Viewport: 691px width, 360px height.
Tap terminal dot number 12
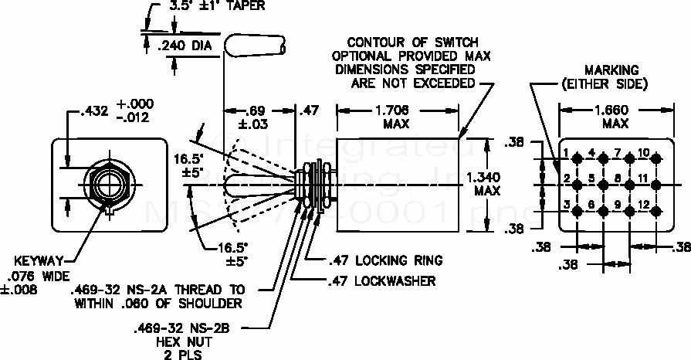click(656, 210)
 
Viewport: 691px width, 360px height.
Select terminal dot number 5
click(604, 185)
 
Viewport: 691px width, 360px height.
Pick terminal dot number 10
click(656, 159)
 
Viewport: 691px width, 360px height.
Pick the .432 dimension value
click(93, 114)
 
